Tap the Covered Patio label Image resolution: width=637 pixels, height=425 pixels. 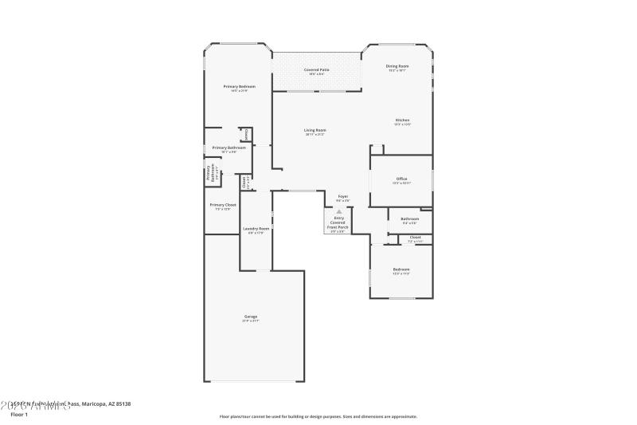pos(316,70)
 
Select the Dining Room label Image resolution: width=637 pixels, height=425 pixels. pos(397,66)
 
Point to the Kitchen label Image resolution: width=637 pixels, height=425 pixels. pos(402,120)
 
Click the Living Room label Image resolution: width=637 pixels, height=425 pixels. pos(315,130)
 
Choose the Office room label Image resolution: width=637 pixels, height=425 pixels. pos(401,179)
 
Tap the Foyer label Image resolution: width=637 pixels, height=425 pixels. pos(343,196)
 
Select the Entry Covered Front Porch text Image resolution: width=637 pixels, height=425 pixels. pos(338,222)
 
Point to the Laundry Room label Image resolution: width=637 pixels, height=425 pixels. pos(256,229)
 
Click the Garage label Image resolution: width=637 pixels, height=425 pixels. pos(251,317)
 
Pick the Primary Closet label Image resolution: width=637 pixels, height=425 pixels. pos(223,205)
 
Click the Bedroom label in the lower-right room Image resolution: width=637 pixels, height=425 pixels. pos(401,270)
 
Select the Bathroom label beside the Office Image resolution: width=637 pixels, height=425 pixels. pos(409,218)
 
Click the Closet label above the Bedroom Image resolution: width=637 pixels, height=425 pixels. pos(415,238)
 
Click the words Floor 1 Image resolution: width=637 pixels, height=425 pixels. pos(18,415)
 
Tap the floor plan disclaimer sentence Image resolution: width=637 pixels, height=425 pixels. pos(318,416)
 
